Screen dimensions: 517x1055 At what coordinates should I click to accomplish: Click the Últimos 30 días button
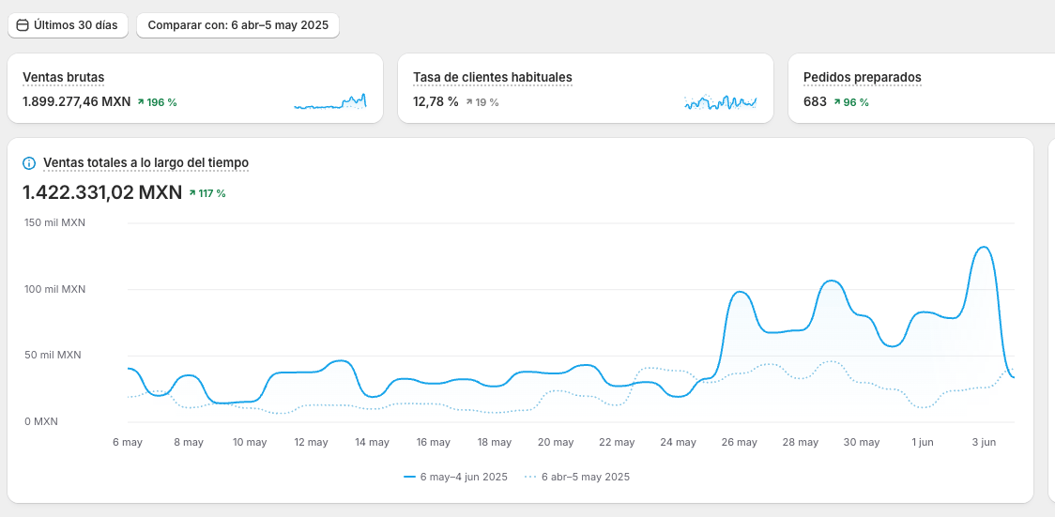[x=68, y=25]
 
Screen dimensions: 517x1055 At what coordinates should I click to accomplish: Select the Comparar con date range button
[x=237, y=25]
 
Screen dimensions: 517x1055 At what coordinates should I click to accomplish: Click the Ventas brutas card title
[x=63, y=77]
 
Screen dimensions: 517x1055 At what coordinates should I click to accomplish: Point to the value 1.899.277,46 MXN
[x=76, y=101]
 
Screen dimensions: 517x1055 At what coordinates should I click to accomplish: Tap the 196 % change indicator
[x=157, y=102]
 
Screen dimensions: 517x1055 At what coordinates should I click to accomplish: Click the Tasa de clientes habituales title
[x=492, y=77]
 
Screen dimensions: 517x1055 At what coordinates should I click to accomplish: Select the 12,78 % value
[x=436, y=101]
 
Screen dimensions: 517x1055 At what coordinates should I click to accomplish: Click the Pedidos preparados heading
[x=862, y=77]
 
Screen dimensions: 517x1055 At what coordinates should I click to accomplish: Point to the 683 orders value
[x=815, y=101]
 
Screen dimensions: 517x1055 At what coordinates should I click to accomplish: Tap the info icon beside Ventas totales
[x=29, y=163]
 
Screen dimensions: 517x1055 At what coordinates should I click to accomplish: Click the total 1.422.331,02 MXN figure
[x=102, y=192]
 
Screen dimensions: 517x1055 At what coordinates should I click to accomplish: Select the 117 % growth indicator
[x=207, y=193]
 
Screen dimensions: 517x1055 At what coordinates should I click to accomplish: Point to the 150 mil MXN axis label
[x=54, y=223]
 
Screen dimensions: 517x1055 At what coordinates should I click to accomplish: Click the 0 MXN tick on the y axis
[x=41, y=421]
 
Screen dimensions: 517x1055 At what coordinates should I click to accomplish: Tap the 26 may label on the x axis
[x=740, y=442]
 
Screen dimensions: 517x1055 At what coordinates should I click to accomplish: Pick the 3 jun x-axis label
[x=983, y=442]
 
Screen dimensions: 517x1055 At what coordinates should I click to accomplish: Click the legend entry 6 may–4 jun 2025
[x=456, y=477]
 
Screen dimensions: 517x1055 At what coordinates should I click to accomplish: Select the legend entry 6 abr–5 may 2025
[x=577, y=477]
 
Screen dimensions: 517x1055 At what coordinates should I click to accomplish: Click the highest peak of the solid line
[x=983, y=248]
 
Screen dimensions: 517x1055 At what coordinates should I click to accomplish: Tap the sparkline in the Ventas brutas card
[x=329, y=102]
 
